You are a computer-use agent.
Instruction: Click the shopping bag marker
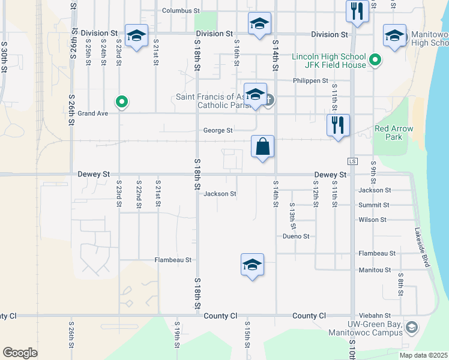tap(263, 146)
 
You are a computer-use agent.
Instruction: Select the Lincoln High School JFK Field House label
tap(329, 61)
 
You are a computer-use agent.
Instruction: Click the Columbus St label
tap(181, 11)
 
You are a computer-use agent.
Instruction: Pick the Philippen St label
tap(310, 80)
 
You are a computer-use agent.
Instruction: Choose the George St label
tap(217, 130)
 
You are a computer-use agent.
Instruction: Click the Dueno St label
tap(296, 236)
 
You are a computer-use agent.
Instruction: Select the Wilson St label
tap(372, 220)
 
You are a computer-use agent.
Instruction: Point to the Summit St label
tap(373, 205)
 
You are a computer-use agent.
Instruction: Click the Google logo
tap(20, 352)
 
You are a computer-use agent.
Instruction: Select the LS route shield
tap(353, 162)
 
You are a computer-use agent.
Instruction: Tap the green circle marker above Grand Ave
tap(122, 102)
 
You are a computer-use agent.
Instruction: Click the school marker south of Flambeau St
tap(252, 265)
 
